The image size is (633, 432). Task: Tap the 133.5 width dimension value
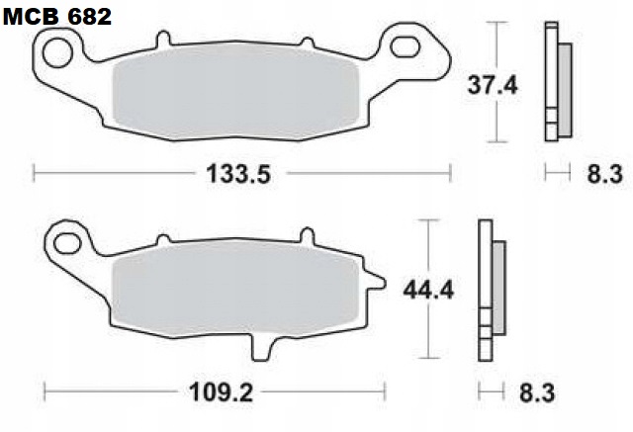(238, 175)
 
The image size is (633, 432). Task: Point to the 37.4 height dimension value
(493, 86)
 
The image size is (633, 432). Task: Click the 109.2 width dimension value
(223, 392)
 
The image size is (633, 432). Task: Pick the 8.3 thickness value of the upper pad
(603, 175)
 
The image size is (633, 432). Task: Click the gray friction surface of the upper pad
(235, 93)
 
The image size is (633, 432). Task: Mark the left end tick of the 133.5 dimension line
(35, 175)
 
